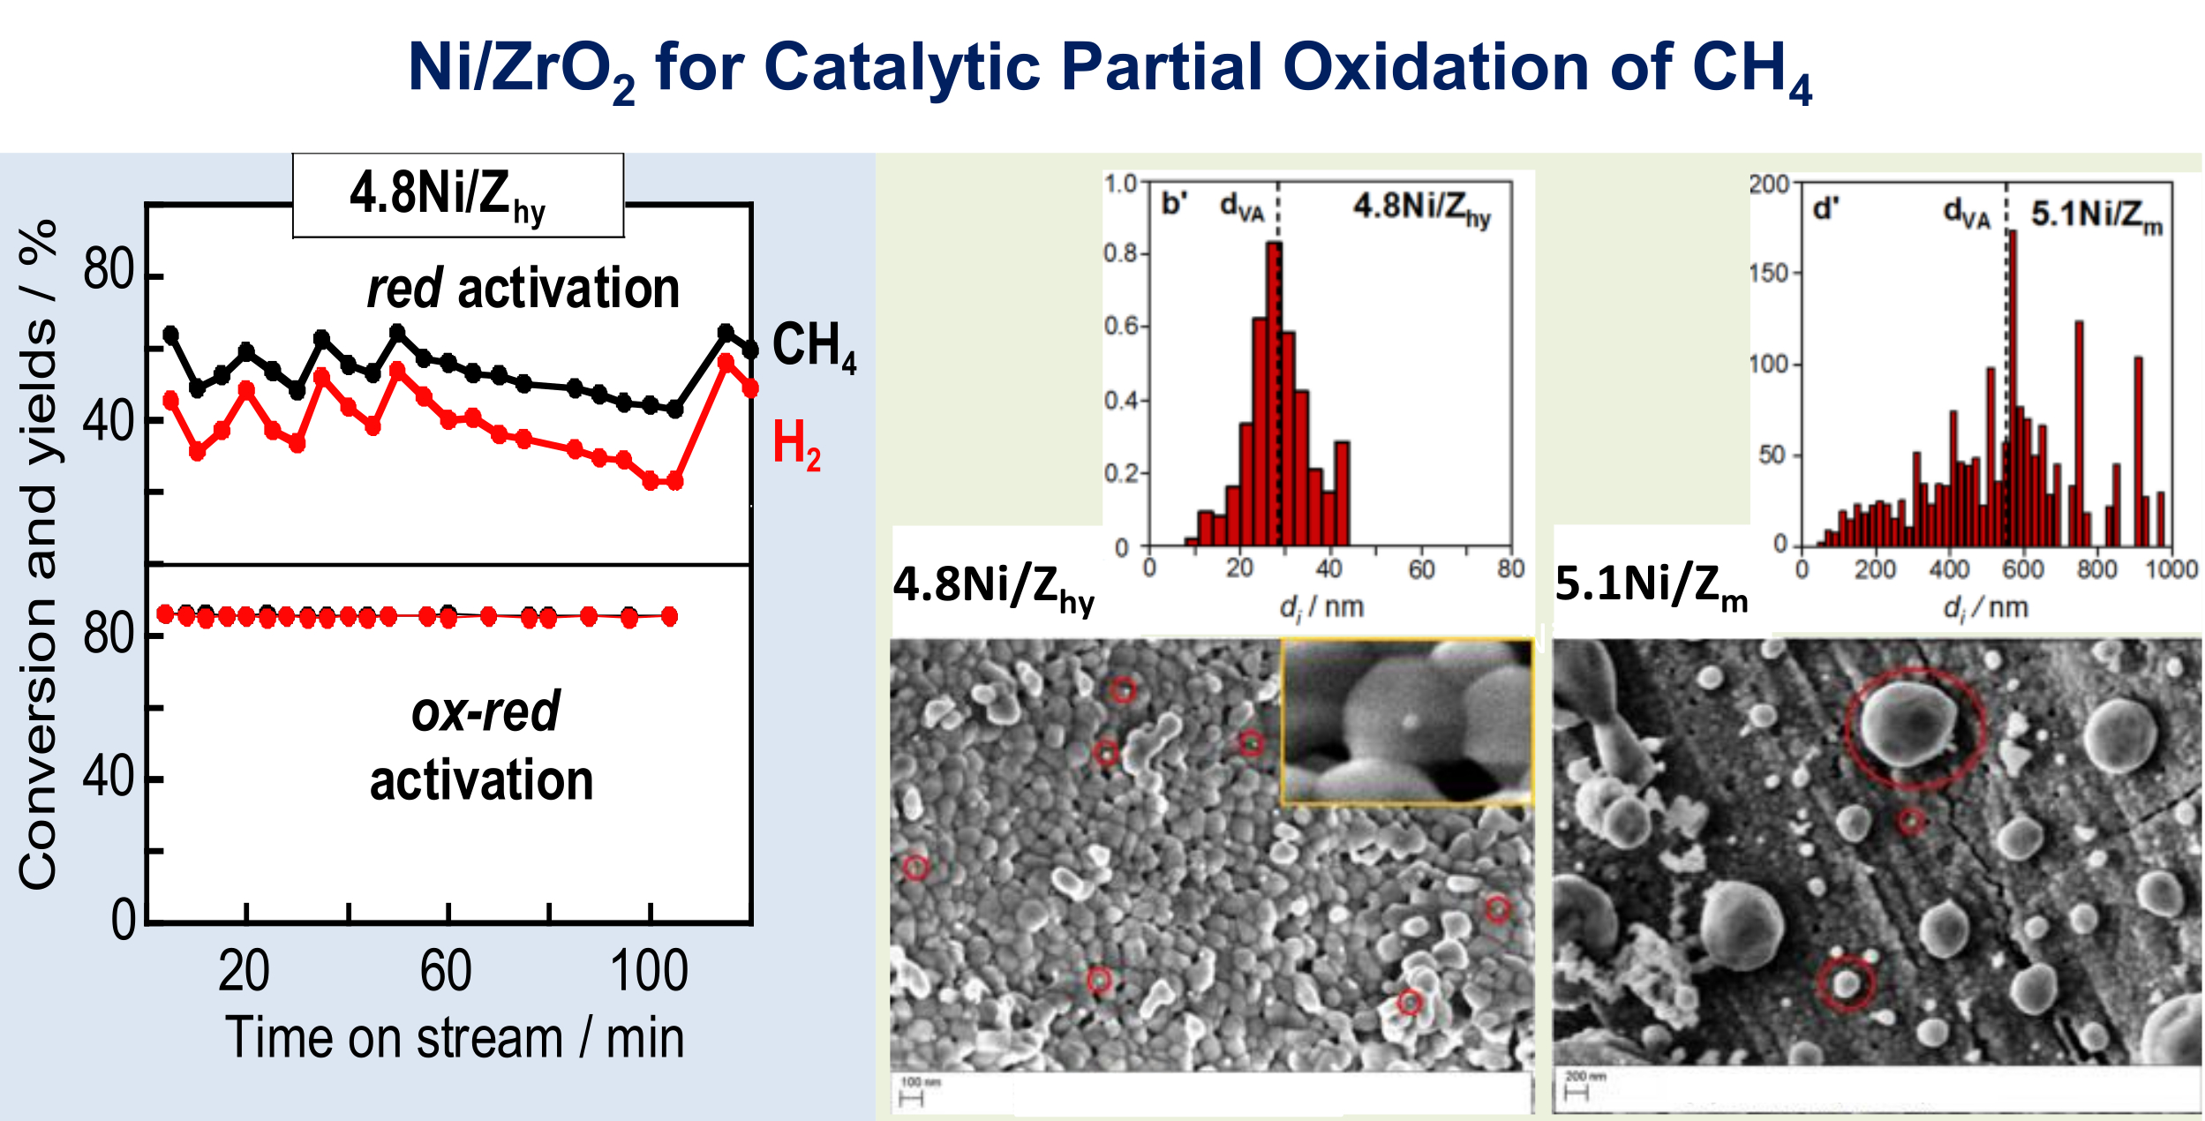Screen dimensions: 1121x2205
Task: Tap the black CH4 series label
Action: point(813,346)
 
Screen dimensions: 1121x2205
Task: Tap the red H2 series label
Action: point(795,445)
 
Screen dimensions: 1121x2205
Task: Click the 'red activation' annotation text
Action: point(523,289)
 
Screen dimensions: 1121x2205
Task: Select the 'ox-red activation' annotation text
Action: point(484,747)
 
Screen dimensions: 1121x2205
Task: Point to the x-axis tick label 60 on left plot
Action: point(446,972)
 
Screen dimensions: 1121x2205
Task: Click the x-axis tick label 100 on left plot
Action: point(649,972)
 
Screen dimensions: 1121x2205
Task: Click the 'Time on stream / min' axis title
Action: point(455,1038)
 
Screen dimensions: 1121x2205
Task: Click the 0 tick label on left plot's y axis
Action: point(123,921)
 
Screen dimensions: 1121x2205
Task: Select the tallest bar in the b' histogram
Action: point(1274,393)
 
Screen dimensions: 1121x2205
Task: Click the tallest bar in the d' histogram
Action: point(2013,388)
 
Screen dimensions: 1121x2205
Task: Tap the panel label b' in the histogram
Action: point(1174,204)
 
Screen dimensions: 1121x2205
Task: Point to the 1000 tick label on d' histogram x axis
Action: point(2171,570)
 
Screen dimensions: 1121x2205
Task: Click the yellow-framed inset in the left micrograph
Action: point(1407,722)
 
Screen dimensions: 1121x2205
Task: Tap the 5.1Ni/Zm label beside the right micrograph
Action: point(1651,586)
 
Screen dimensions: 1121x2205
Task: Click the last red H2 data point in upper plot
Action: point(750,388)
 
